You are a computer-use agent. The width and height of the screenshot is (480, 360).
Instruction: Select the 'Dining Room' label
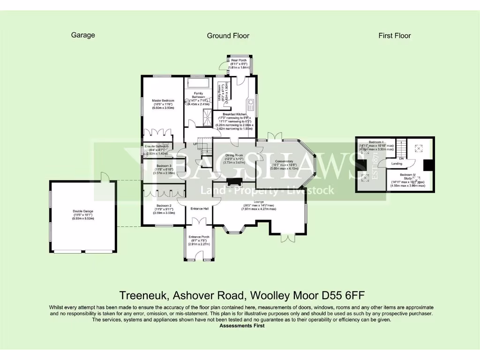pos(234,155)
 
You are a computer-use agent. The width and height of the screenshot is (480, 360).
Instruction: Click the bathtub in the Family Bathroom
pos(199,84)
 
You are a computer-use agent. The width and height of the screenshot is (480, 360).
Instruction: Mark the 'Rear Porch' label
pos(239,60)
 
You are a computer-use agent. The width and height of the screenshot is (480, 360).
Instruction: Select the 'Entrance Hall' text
pos(199,208)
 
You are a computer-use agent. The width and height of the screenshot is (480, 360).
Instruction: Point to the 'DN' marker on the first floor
pos(401,158)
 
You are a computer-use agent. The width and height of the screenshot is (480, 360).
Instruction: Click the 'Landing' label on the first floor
pos(397,164)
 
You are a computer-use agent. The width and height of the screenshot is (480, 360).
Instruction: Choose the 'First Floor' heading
pos(395,36)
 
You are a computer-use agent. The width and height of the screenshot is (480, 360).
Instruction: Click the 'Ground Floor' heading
pos(228,36)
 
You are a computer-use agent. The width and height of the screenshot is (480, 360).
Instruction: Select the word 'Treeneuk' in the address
pos(143,295)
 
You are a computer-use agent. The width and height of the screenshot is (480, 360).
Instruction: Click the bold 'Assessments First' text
pos(242,326)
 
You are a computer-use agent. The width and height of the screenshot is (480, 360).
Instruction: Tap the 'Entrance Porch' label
pos(199,237)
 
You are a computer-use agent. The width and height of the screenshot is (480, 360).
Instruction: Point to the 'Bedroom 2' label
pos(164,206)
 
